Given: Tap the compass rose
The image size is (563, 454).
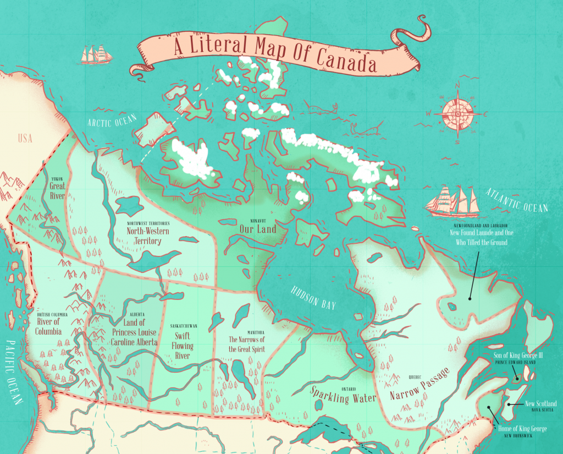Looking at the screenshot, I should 457,114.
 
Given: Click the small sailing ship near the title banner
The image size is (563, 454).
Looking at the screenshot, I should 96,54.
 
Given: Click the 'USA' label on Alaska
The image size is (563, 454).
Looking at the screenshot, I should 25,138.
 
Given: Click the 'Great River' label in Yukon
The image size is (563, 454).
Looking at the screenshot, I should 57,190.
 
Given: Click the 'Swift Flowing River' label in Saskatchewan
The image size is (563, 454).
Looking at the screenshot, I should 184,345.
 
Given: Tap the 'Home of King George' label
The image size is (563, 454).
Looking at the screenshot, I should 522,429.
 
